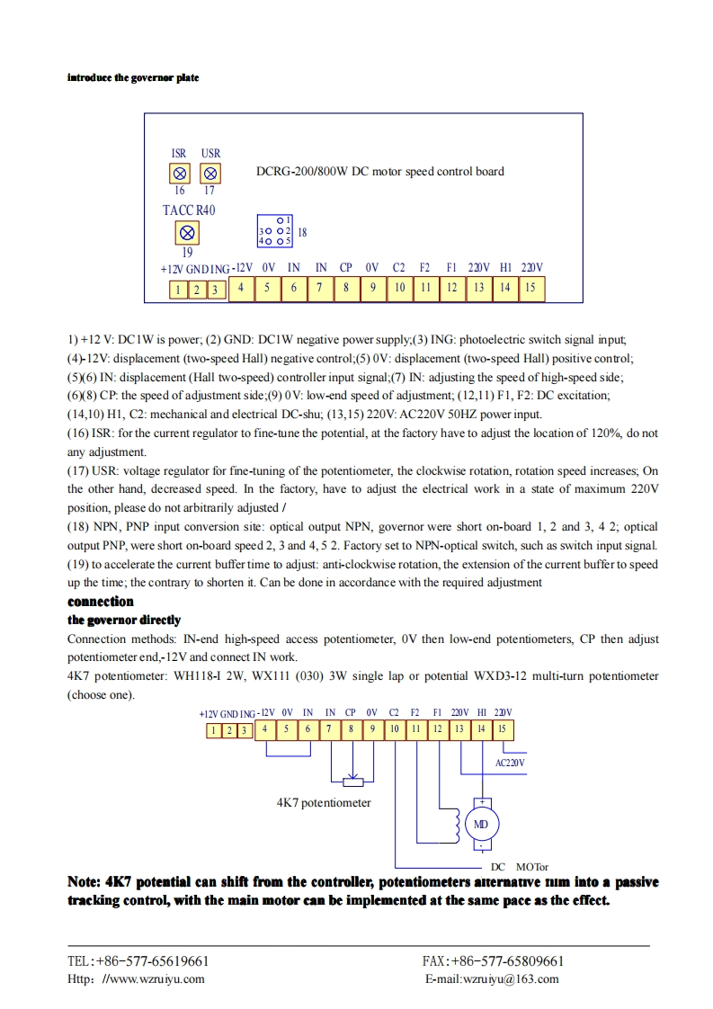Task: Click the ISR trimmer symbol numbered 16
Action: coord(180,173)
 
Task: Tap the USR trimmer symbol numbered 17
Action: coord(210,173)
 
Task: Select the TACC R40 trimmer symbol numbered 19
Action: coord(187,233)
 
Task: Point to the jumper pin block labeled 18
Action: coord(275,231)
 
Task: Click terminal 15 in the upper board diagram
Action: coord(530,288)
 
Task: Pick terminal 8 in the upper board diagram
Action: coord(346,288)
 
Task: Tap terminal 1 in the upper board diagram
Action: coord(178,290)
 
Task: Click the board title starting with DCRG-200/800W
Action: coord(380,171)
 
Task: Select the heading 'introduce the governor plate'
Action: coord(133,77)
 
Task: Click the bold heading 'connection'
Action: coord(101,602)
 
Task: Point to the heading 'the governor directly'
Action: coord(124,620)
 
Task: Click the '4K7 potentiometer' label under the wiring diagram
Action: coord(324,802)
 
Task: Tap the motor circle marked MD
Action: coord(481,824)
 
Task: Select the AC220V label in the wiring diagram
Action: coord(510,763)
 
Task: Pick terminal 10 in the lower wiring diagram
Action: coord(394,729)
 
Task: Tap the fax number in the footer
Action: coord(494,960)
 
